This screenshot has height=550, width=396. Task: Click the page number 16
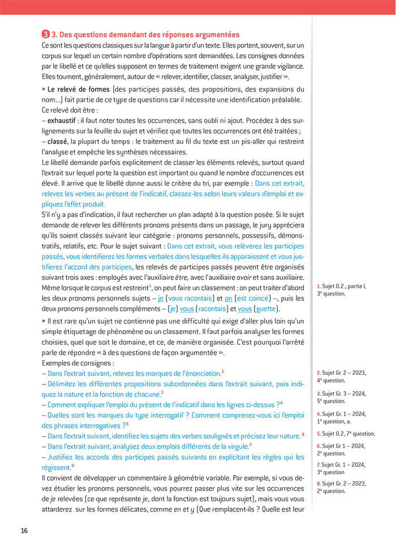coord(24,530)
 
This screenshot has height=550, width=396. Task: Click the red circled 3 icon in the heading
coord(45,34)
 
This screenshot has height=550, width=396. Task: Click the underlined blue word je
coord(161,298)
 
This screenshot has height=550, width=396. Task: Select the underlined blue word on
coord(228,298)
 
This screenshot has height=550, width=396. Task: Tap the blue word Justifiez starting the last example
coord(64,457)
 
